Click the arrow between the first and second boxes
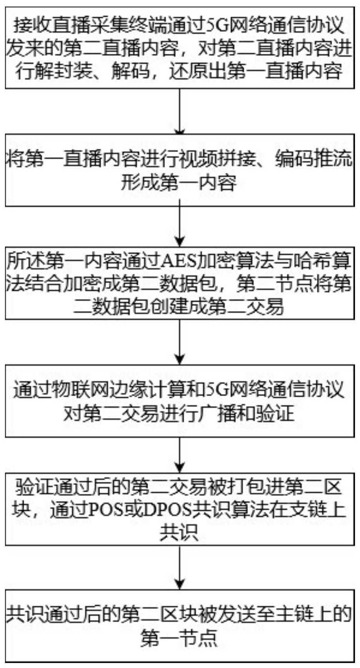coord(180,112)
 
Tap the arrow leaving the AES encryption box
coord(180,342)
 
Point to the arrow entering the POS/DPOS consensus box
coord(180,455)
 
